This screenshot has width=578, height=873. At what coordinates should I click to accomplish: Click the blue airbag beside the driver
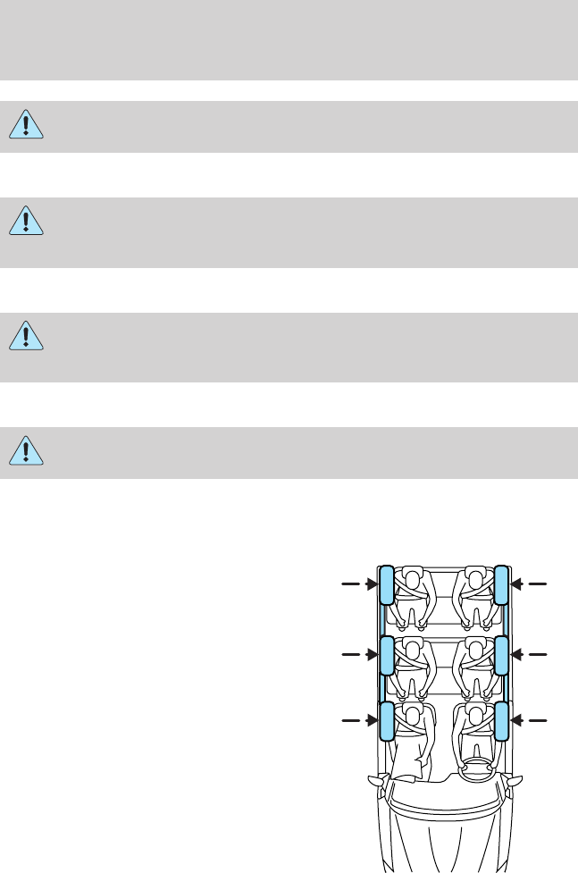coord(501,722)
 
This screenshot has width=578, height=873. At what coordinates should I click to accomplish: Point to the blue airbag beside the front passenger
coord(387,722)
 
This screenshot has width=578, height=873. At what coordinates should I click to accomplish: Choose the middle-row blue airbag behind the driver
coord(501,656)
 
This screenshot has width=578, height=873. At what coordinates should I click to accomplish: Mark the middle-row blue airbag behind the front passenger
coord(387,656)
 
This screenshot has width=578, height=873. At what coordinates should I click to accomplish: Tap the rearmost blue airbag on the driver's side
coord(501,584)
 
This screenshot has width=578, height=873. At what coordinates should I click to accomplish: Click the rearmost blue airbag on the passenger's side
coord(387,584)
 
